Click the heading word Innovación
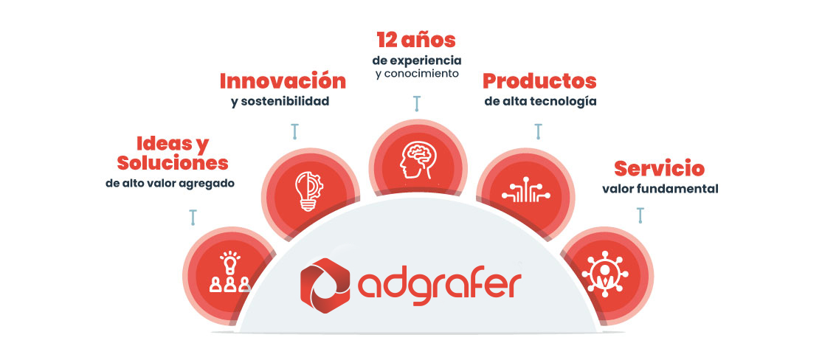[x=283, y=80]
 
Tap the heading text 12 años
[x=416, y=39]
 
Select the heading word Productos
[x=539, y=80]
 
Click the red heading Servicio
[x=659, y=168]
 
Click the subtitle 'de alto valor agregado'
[x=170, y=182]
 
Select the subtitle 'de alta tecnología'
[x=540, y=101]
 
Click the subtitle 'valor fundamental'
[x=660, y=188]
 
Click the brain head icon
[x=418, y=158]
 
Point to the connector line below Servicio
[x=640, y=215]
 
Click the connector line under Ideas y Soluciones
[x=193, y=216]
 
